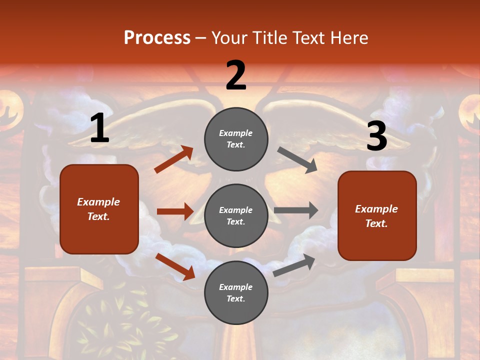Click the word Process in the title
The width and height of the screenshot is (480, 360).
click(157, 38)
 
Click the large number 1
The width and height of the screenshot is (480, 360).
click(99, 128)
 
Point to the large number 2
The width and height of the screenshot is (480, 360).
click(236, 75)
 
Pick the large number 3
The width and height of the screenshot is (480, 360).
click(376, 136)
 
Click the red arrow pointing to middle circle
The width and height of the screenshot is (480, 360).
click(175, 211)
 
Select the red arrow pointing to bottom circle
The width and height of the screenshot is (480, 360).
click(175, 266)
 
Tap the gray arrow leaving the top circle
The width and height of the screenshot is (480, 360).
click(297, 159)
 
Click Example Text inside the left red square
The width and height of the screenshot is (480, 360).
click(98, 209)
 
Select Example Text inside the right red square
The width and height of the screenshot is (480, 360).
click(376, 216)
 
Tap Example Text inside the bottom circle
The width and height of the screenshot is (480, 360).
click(235, 292)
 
